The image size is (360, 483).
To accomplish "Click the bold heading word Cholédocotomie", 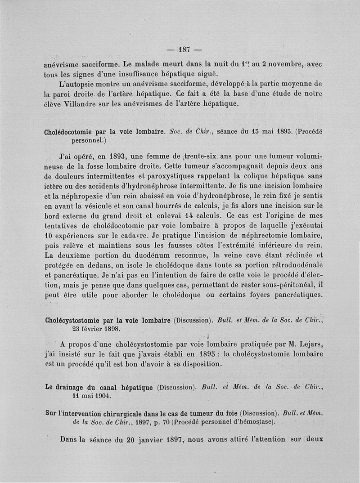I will (x=72, y=133).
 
